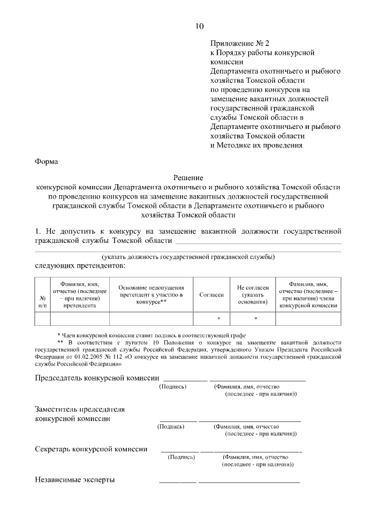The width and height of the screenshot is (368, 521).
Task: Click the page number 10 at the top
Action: click(199, 25)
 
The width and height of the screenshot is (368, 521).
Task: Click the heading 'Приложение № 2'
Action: click(239, 43)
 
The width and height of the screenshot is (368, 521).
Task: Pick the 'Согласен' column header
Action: click(212, 294)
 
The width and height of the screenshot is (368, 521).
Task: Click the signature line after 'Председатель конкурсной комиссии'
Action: click(185, 381)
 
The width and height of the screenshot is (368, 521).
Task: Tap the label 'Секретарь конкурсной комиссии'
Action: click(91, 448)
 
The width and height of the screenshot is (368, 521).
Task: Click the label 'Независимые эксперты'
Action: click(75, 480)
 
